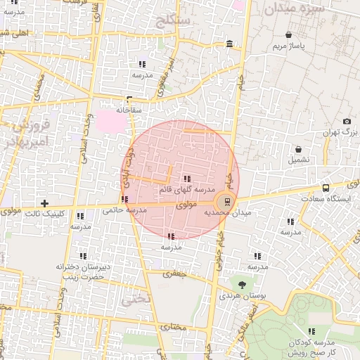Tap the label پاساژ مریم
point(289,47)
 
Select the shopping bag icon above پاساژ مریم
point(289,34)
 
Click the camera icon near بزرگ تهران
point(347,122)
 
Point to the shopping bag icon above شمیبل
point(300,149)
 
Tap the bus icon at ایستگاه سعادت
point(326,188)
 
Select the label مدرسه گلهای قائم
point(186,190)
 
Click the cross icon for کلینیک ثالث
point(44,203)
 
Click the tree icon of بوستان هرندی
point(242,284)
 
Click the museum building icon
point(230,45)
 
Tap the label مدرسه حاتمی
point(124,210)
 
